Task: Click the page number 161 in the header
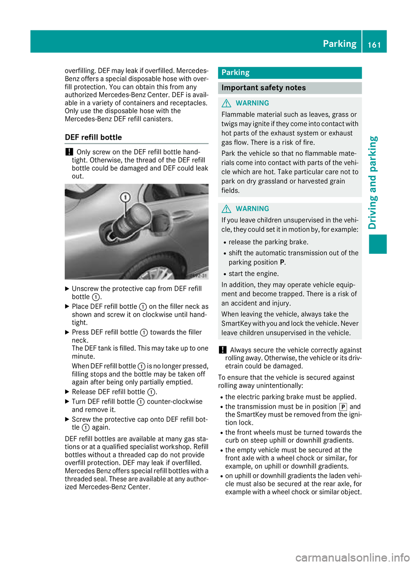(x=374, y=45)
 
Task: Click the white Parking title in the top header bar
(x=339, y=44)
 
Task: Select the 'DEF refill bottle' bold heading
(x=93, y=137)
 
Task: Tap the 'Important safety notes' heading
(x=263, y=88)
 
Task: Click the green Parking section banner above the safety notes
(x=289, y=72)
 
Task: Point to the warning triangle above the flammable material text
(x=226, y=103)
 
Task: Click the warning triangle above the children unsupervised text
(x=226, y=209)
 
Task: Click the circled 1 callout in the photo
(x=125, y=197)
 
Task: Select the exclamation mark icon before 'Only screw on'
(x=69, y=152)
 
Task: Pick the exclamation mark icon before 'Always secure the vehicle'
(x=222, y=350)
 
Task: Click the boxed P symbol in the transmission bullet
(x=343, y=407)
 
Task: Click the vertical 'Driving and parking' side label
(x=373, y=182)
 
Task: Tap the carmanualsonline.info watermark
(x=352, y=557)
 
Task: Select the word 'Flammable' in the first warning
(x=237, y=115)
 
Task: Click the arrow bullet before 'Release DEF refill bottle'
(x=67, y=392)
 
